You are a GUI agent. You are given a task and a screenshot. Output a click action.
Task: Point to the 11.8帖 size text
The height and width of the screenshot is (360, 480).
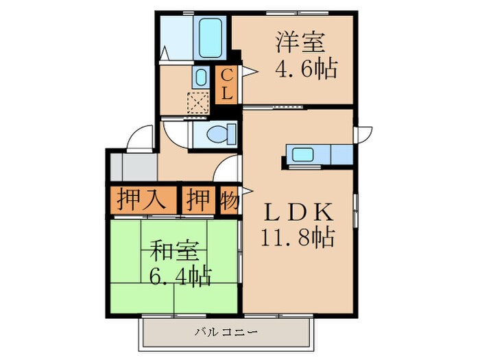pos(297,238)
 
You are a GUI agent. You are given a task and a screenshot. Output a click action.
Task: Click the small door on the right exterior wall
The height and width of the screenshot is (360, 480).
pos(363,134)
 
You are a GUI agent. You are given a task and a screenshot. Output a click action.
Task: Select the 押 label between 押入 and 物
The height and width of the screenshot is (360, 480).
pos(198,200)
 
